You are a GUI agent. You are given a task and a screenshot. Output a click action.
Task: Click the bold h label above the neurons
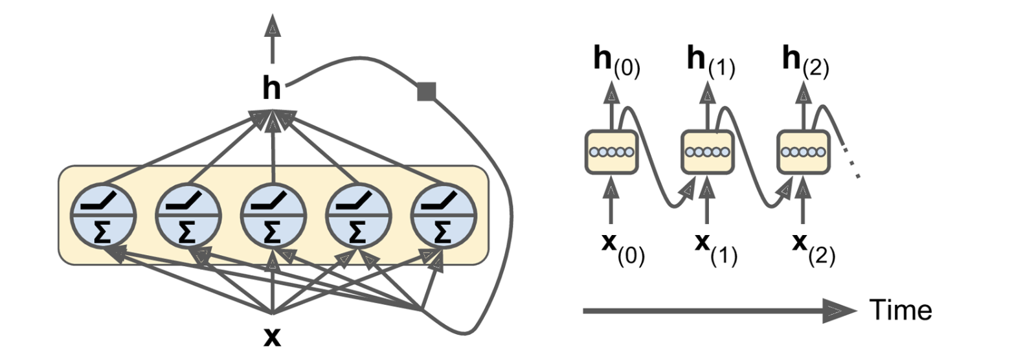[x=272, y=88]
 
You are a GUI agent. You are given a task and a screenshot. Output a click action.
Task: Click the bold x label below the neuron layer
[x=273, y=337]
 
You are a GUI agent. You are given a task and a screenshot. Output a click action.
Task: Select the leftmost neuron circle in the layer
[x=104, y=215]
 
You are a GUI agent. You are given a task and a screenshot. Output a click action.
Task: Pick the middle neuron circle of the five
[x=273, y=215]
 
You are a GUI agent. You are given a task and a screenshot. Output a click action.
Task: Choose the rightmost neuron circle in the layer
[x=444, y=215]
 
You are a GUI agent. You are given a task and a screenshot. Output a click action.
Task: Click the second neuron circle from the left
[x=188, y=215]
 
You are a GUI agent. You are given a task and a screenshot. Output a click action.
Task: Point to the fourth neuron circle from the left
[x=357, y=215]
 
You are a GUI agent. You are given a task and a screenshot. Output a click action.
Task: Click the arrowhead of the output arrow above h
[x=273, y=26]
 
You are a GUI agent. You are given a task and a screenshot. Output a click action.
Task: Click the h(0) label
[x=616, y=63]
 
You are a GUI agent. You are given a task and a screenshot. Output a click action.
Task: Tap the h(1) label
[x=710, y=63]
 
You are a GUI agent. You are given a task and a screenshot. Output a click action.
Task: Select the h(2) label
[x=805, y=63]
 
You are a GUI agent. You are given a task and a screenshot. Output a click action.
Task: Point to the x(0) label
[x=622, y=249]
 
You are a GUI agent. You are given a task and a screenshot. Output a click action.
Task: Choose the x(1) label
[x=715, y=249]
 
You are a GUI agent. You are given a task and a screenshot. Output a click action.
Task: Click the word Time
[x=901, y=310]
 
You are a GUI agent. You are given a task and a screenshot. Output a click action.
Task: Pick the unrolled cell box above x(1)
[x=707, y=152]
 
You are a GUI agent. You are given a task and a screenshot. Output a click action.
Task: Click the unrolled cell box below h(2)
[x=803, y=152]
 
